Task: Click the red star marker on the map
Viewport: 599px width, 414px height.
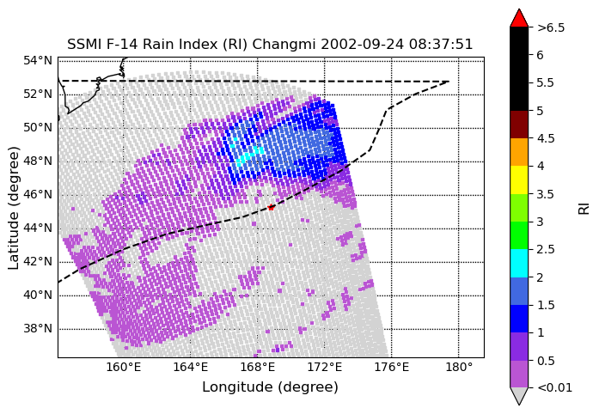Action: click(271, 207)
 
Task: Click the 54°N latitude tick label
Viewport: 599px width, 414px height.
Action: click(38, 60)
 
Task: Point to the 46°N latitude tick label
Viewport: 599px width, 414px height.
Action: click(38, 194)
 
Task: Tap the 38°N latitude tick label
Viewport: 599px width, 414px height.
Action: click(38, 328)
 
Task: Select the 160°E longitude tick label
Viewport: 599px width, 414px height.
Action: click(124, 368)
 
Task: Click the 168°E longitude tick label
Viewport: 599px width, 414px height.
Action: click(257, 368)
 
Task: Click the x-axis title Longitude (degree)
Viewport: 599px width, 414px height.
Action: click(270, 387)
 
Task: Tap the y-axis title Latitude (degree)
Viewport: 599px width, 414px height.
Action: click(13, 208)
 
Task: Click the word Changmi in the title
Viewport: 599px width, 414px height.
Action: click(284, 45)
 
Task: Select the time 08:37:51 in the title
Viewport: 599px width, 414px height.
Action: click(441, 45)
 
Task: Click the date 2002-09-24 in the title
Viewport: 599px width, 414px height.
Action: click(362, 45)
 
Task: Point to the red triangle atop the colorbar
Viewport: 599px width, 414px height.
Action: click(519, 18)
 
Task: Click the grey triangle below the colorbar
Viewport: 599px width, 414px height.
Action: click(519, 396)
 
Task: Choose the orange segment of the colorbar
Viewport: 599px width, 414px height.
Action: click(519, 152)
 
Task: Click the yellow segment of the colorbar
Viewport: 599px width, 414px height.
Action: click(519, 180)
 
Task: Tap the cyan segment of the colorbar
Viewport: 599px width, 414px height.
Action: click(519, 263)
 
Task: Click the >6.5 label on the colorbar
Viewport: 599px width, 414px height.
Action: click(551, 27)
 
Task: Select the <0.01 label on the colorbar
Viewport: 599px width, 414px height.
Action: click(554, 387)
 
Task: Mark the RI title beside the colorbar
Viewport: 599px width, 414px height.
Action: click(584, 209)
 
